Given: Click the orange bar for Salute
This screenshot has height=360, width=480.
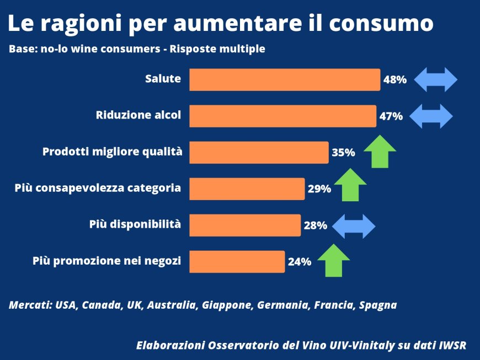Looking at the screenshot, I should click(285, 79).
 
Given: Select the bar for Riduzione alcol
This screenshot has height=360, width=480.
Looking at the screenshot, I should click(282, 116).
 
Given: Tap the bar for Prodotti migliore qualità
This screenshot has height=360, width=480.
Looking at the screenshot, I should click(259, 152).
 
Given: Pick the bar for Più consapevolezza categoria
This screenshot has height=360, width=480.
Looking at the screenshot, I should click(247, 189).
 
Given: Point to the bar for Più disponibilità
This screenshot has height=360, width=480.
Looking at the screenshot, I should click(245, 225).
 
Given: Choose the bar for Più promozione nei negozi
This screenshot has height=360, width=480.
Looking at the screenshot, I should click(237, 261).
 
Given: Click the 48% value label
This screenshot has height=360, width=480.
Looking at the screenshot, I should click(395, 80).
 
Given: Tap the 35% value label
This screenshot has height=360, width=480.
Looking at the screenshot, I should click(343, 153).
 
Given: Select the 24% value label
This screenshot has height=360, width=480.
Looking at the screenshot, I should click(300, 262).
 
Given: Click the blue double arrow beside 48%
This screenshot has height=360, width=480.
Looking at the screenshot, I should click(436, 79).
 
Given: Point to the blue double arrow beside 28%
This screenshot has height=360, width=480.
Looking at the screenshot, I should click(353, 226).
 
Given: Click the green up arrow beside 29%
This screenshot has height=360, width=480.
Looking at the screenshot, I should click(350, 185).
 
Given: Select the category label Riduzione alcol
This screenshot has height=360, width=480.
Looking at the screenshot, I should click(138, 115).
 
